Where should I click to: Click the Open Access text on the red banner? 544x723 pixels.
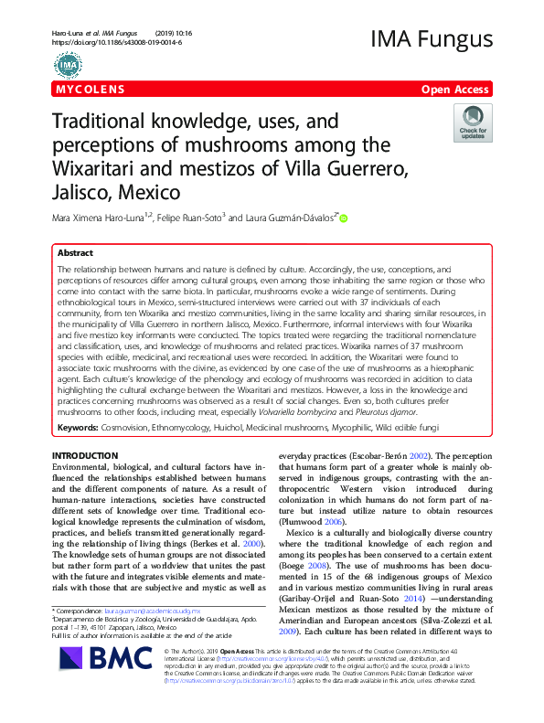[456, 90]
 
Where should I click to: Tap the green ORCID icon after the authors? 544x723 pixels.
[344, 218]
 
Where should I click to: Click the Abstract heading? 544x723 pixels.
[75, 252]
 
